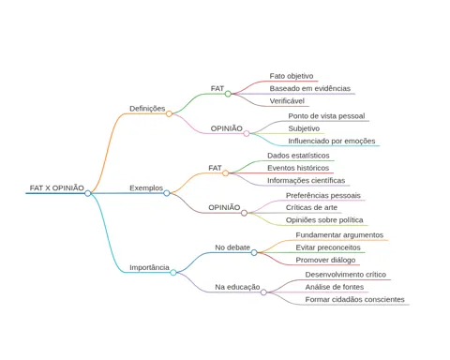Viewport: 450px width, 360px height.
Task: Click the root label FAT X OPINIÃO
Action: point(57,187)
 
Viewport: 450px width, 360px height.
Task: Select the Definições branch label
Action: point(147,109)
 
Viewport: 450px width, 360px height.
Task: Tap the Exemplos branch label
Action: point(146,187)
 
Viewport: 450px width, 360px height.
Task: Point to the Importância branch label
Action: point(149,267)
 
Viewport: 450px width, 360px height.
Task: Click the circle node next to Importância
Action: point(173,273)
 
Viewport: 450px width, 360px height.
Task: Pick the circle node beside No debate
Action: point(254,252)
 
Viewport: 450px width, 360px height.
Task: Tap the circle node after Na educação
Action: point(263,292)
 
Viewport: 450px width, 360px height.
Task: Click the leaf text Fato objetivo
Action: point(292,76)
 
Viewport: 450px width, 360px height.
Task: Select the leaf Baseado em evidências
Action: point(310,88)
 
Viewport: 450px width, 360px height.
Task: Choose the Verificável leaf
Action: point(287,101)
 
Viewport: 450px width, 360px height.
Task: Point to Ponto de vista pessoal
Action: point(326,116)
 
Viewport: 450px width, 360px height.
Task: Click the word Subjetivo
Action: point(304,128)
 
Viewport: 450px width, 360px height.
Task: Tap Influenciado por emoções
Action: point(332,141)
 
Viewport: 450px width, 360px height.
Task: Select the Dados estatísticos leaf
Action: point(298,156)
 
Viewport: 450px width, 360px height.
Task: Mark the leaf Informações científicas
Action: point(306,180)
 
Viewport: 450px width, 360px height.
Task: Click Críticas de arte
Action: point(311,207)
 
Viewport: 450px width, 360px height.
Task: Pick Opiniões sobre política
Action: point(324,220)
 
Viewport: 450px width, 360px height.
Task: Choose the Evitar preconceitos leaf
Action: point(328,247)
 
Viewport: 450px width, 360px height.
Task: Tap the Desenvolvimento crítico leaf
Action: point(346,275)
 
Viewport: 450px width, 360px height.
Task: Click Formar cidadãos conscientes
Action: point(354,299)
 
